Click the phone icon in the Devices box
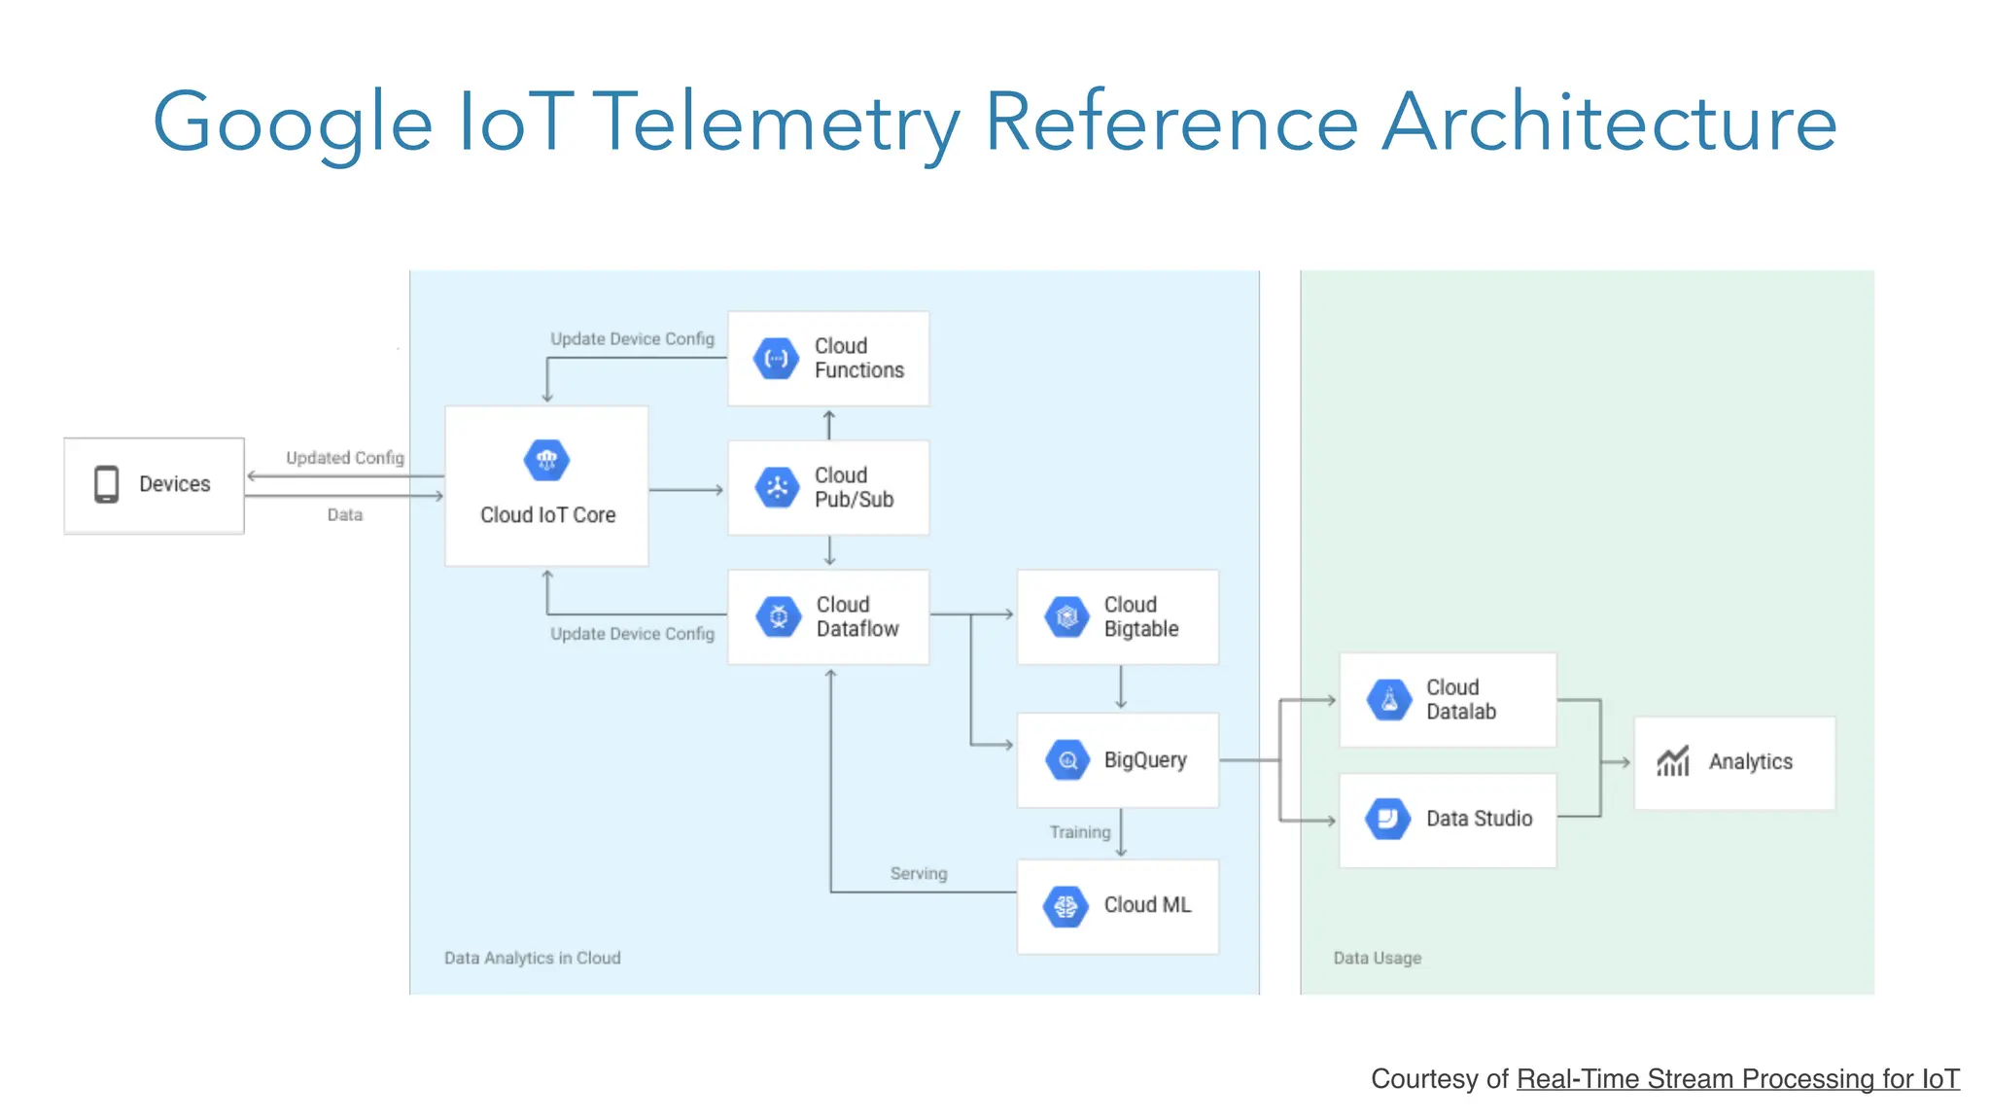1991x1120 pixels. point(106,484)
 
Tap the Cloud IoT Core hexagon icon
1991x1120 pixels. point(546,460)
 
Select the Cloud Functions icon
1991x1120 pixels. point(776,359)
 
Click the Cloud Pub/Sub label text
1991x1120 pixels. point(854,487)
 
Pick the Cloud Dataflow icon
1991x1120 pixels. point(778,616)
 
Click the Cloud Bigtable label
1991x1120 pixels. point(1140,616)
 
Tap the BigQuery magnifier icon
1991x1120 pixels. point(1067,760)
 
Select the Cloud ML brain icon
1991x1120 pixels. point(1065,906)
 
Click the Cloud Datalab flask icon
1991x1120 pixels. point(1389,700)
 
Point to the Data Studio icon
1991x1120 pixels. point(1387,819)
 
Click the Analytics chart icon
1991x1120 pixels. point(1673,761)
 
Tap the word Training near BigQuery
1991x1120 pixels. point(1079,832)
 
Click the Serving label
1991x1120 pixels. point(918,873)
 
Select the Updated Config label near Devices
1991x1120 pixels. point(344,458)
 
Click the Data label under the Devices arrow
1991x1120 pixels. point(344,515)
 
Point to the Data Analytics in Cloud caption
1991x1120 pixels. point(532,958)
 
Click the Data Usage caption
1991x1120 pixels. point(1377,958)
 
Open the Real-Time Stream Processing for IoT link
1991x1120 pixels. point(1737,1079)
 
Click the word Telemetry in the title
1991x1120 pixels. point(776,122)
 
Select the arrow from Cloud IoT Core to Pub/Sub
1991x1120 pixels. point(686,490)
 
